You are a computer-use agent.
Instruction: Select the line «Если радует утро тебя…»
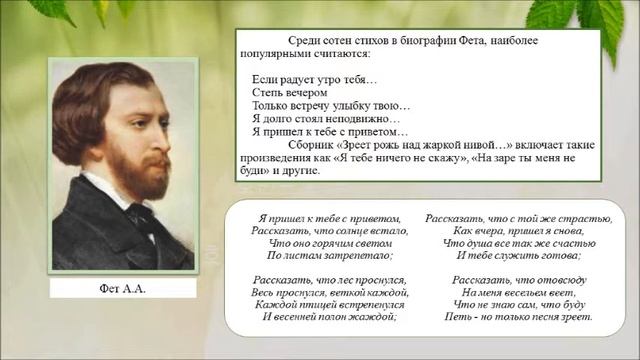tap(316, 79)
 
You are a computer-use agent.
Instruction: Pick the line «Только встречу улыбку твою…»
tap(331, 105)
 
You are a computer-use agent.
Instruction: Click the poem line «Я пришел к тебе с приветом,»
tap(328, 218)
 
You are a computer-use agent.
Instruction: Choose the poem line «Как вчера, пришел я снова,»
tap(518, 230)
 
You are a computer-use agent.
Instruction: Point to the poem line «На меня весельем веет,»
tap(518, 291)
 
